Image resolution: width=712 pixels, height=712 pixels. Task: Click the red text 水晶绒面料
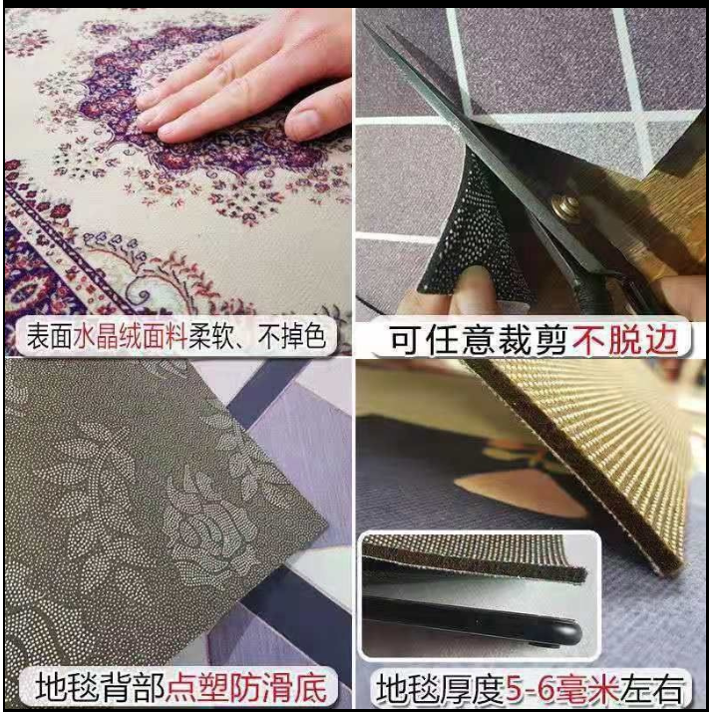click(x=130, y=336)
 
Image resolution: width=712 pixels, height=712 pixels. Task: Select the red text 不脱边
click(x=625, y=340)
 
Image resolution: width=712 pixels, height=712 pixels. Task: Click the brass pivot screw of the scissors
click(x=564, y=205)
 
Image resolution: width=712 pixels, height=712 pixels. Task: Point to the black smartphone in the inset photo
click(x=473, y=618)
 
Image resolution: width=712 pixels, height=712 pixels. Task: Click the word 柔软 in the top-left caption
click(x=210, y=336)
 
